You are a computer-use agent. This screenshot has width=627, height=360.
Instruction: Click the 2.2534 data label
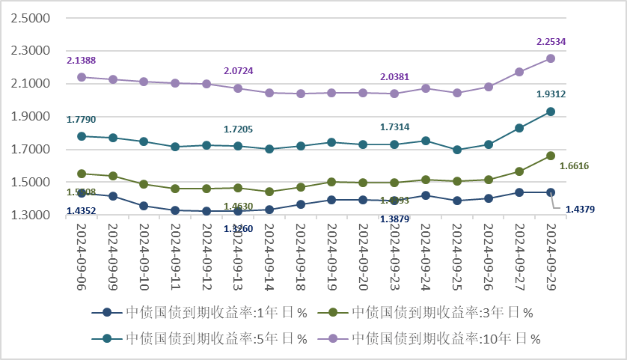click(551, 42)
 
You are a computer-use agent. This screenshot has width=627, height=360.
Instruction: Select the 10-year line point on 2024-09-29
click(550, 58)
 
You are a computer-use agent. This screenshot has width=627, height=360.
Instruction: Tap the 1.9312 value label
click(551, 94)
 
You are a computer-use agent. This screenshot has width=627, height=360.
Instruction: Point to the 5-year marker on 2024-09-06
click(82, 136)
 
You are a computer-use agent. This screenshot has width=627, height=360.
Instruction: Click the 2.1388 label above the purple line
click(81, 60)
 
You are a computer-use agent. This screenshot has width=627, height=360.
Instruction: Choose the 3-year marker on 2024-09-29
click(550, 156)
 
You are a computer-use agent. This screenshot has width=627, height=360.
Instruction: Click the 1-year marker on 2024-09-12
click(207, 211)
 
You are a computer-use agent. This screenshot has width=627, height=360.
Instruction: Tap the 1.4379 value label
click(581, 209)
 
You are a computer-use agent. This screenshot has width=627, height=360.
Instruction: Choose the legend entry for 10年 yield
click(446, 338)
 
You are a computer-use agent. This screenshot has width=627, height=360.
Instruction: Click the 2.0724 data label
click(238, 71)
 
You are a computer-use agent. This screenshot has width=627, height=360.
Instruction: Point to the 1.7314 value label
click(395, 128)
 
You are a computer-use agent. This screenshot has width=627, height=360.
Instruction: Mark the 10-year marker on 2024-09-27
click(519, 72)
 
